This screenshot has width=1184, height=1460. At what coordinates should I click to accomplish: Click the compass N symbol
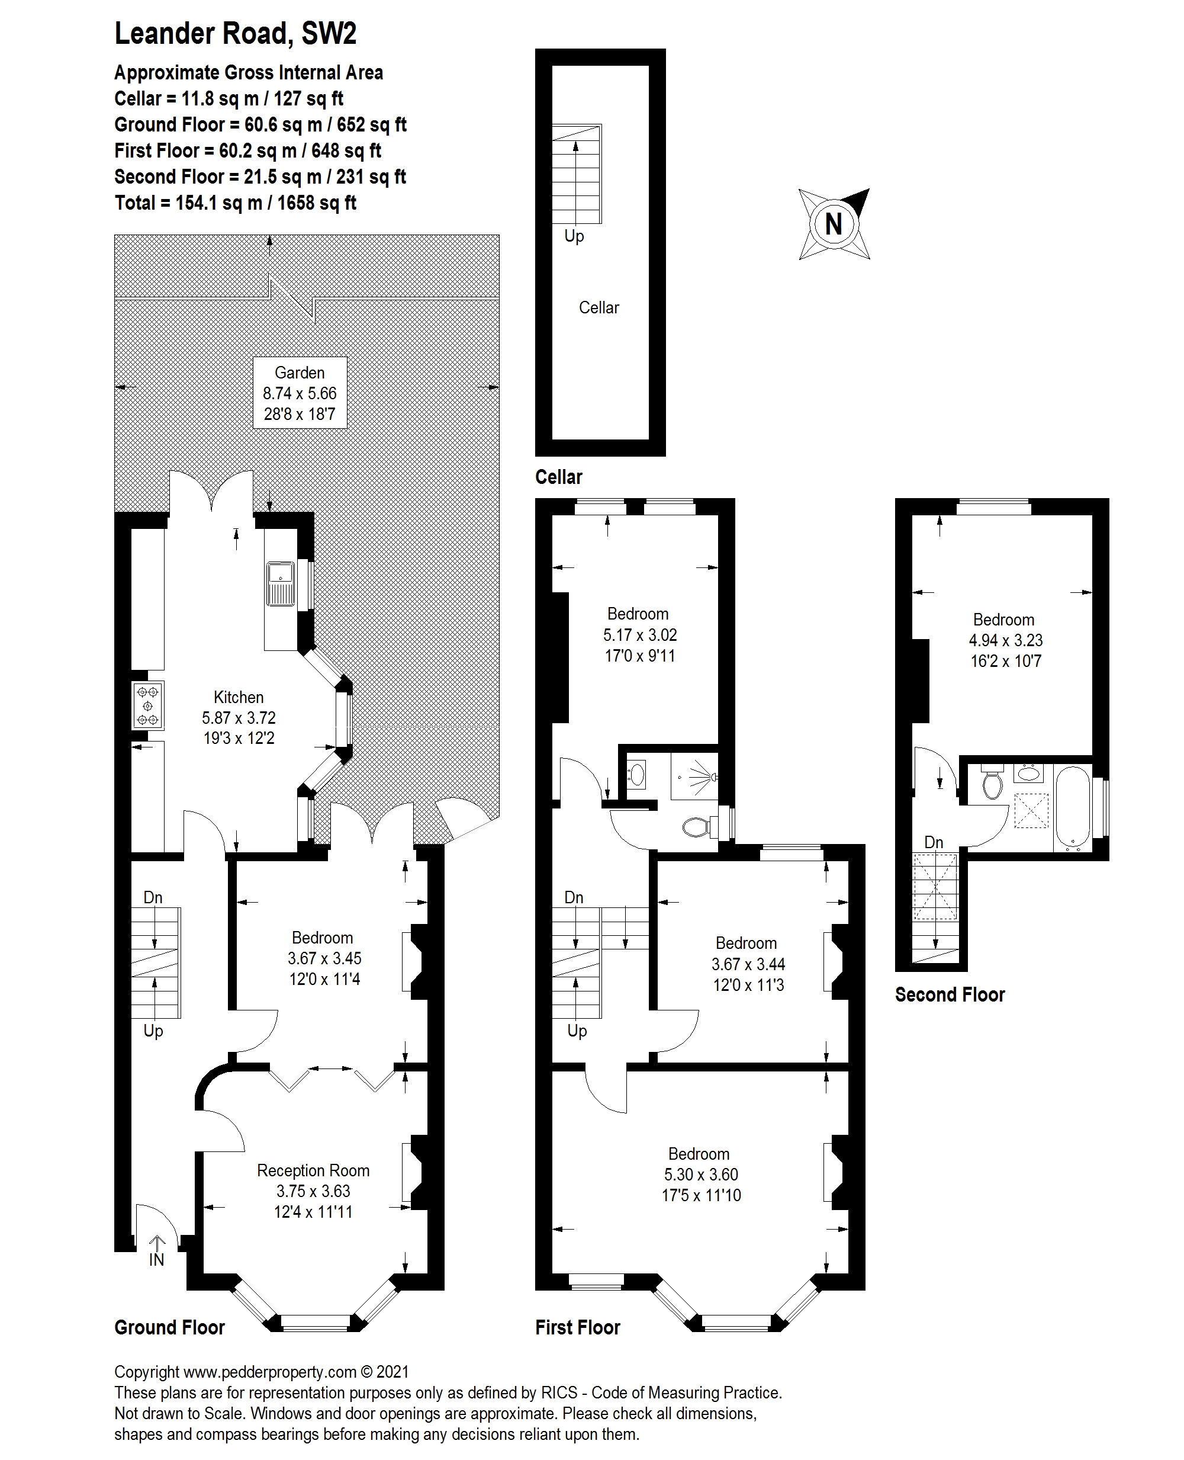834,224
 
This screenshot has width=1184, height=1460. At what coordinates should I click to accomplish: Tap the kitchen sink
281,583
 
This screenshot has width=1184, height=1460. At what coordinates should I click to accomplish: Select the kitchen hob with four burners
148,705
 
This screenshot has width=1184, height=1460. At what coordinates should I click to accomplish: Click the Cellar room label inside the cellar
599,307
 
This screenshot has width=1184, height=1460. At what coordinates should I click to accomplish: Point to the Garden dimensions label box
300,393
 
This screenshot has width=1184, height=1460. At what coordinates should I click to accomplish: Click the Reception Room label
313,1170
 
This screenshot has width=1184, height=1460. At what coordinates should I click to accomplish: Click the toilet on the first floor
697,827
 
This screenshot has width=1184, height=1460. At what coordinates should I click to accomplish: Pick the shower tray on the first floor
694,776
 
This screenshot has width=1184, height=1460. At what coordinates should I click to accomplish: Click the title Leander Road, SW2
235,33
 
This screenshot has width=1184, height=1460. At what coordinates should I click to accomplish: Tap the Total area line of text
235,203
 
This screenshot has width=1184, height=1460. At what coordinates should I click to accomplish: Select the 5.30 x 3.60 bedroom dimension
701,1174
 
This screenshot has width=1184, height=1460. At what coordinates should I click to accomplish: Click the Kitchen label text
239,697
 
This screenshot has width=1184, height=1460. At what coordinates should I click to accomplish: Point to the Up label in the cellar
574,236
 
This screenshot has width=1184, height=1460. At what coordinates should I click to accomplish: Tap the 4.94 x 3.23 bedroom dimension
1005,640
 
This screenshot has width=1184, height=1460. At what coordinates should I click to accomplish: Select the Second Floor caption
950,994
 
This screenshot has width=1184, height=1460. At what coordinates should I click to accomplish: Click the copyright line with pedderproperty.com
262,1372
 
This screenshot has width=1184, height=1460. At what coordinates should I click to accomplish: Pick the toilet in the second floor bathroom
992,783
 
